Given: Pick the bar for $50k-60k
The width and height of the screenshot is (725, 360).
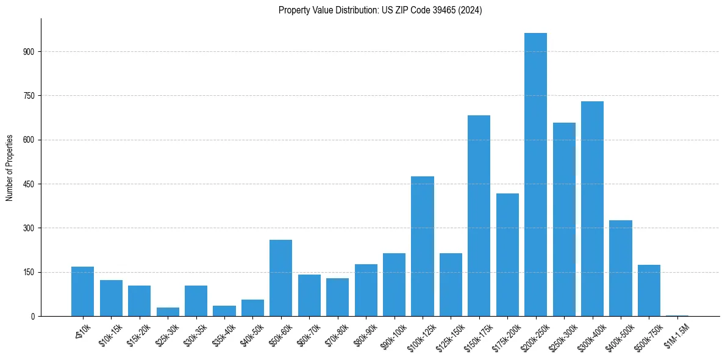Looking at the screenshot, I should pos(280,278).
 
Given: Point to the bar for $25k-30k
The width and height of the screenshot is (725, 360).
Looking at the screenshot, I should pos(168,312).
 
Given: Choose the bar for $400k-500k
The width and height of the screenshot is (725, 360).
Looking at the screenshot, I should pos(620,268).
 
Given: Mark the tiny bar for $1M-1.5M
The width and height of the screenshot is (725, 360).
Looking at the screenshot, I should pos(677,315).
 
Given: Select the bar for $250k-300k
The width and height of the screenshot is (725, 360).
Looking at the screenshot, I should pos(564,219).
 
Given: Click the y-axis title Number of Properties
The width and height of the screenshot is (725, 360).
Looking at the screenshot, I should pos(10,168).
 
